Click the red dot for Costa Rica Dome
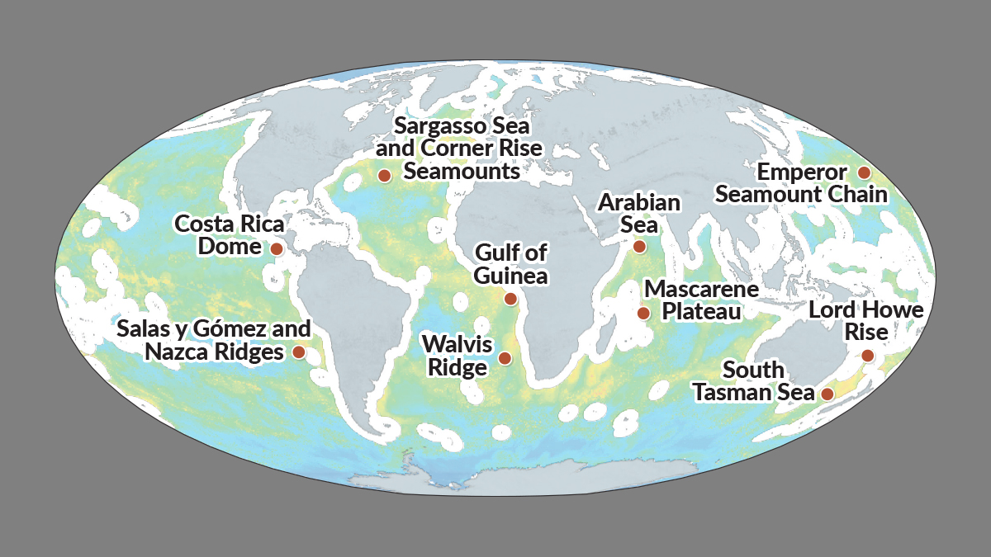tap(277, 248)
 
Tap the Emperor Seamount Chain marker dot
tap(864, 172)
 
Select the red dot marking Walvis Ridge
tap(505, 358)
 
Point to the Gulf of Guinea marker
tap(510, 299)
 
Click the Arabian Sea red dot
tap(639, 247)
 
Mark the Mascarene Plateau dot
tap(642, 314)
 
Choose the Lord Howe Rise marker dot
tap(867, 356)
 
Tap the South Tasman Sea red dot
tap(827, 394)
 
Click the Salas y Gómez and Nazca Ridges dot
tap(299, 352)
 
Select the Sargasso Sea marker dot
tap(384, 175)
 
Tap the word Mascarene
tap(701, 290)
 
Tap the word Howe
tap(893, 311)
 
